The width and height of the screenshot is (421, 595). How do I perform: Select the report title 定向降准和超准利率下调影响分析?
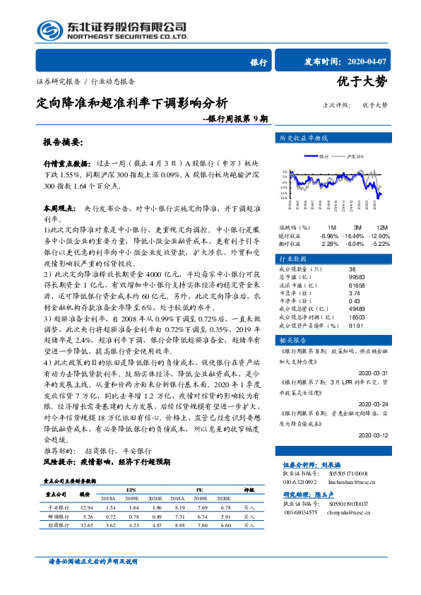131,102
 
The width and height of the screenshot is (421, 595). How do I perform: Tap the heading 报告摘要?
63,141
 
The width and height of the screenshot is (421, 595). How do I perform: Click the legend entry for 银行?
319,155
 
